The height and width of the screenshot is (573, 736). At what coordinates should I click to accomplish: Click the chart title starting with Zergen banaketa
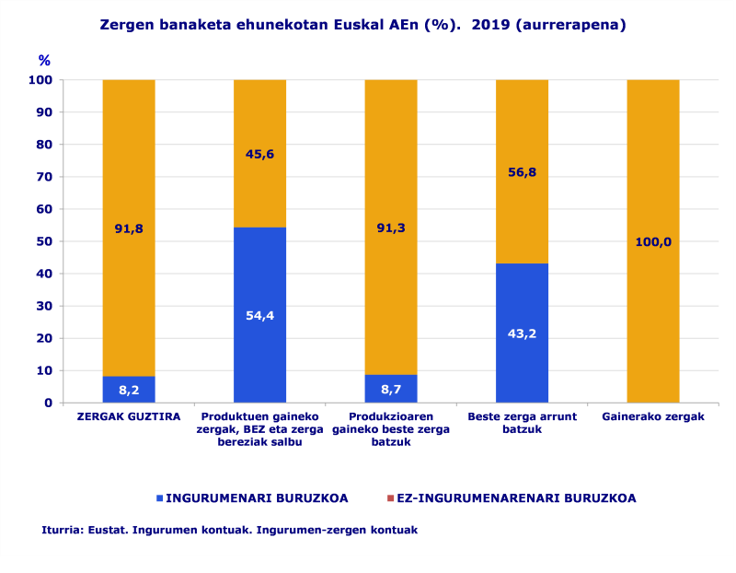362,25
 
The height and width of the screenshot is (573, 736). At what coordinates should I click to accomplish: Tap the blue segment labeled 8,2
129,390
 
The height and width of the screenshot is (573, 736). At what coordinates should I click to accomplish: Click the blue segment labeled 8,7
391,389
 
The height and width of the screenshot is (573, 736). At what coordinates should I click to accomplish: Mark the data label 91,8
129,228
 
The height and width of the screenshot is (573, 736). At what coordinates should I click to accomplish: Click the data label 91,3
391,228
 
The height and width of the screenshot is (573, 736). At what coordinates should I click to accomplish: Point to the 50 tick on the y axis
44,241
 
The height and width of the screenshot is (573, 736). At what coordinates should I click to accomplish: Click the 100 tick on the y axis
40,80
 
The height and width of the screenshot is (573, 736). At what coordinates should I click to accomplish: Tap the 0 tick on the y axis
48,403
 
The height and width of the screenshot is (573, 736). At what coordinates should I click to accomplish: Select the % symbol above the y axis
44,61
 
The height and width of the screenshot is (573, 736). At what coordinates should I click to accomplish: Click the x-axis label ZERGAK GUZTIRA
129,417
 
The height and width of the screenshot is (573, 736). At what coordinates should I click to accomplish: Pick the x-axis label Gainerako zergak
653,417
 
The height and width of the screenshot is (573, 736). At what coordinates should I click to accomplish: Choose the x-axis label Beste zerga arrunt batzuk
522,423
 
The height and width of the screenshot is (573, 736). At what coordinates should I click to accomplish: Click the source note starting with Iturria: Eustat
229,530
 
